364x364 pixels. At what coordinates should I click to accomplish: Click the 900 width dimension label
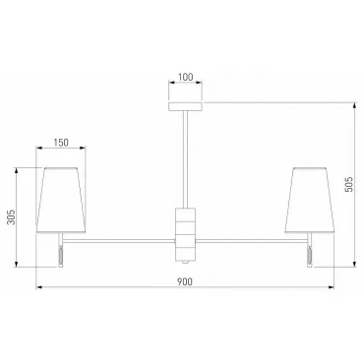[x=185, y=281]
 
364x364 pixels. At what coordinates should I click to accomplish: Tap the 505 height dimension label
[x=349, y=185]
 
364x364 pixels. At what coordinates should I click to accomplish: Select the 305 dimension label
[x=11, y=217]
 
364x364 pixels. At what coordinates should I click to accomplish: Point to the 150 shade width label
[x=61, y=143]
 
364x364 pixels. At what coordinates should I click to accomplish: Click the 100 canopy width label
[x=185, y=78]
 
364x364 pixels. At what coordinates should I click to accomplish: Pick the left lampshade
[x=61, y=200]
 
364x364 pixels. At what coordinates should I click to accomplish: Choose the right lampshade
[x=310, y=200]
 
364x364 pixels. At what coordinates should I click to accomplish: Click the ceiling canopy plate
[x=185, y=106]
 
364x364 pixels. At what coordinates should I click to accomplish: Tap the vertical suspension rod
[x=186, y=159]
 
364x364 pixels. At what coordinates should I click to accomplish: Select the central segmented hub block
[x=186, y=234]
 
